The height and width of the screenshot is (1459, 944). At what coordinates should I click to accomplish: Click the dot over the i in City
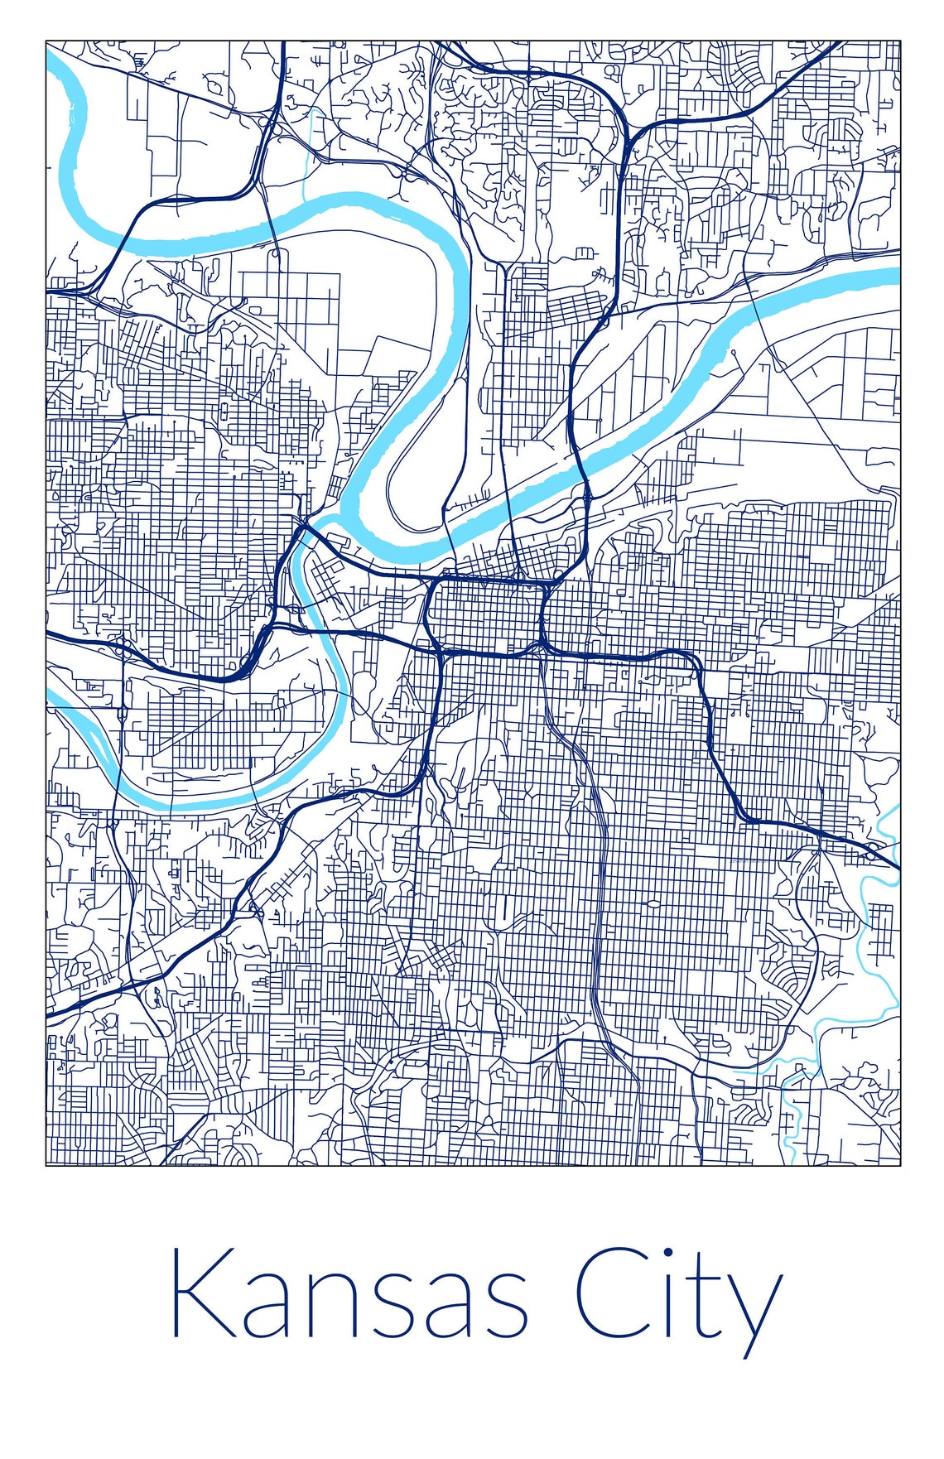(667, 1252)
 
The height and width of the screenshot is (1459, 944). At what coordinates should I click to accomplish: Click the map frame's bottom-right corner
(900, 1165)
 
